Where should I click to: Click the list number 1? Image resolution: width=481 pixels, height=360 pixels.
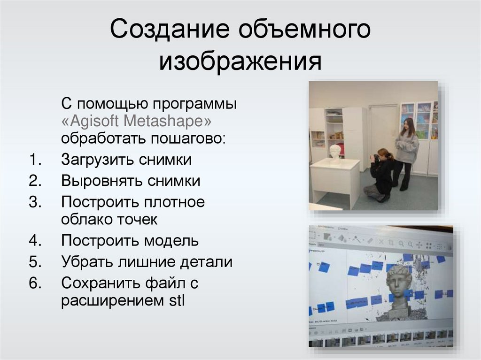pyautogui.click(x=35, y=160)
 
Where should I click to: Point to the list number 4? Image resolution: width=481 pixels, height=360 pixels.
pyautogui.click(x=35, y=241)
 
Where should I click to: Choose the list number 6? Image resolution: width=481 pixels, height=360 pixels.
pyautogui.click(x=35, y=283)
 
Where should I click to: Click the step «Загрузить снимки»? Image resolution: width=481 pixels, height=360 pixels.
pyautogui.click(x=126, y=160)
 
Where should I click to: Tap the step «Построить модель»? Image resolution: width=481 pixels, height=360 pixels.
pyautogui.click(x=130, y=241)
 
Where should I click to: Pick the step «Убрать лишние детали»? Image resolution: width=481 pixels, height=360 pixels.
pyautogui.click(x=147, y=262)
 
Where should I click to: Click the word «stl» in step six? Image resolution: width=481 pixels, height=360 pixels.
pyautogui.click(x=177, y=301)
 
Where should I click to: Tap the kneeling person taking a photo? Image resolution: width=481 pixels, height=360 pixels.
pyautogui.click(x=381, y=175)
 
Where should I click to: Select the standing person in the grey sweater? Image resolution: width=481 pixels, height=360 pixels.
pyautogui.click(x=405, y=153)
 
